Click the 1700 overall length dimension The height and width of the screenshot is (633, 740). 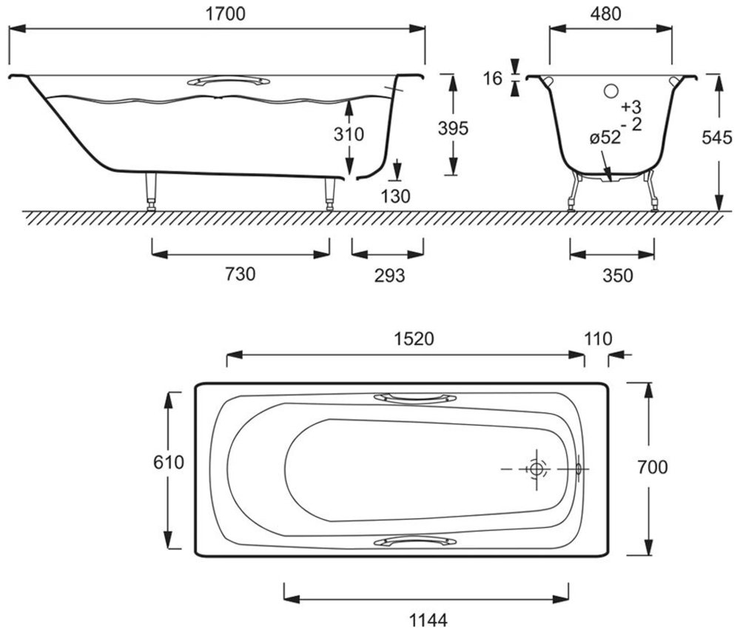217,13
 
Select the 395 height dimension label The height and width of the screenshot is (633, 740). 454,129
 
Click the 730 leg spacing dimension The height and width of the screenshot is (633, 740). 240,275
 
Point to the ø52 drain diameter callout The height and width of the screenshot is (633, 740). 605,138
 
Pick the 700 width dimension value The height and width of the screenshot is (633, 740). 653,466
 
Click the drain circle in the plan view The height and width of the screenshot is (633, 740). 536,469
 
